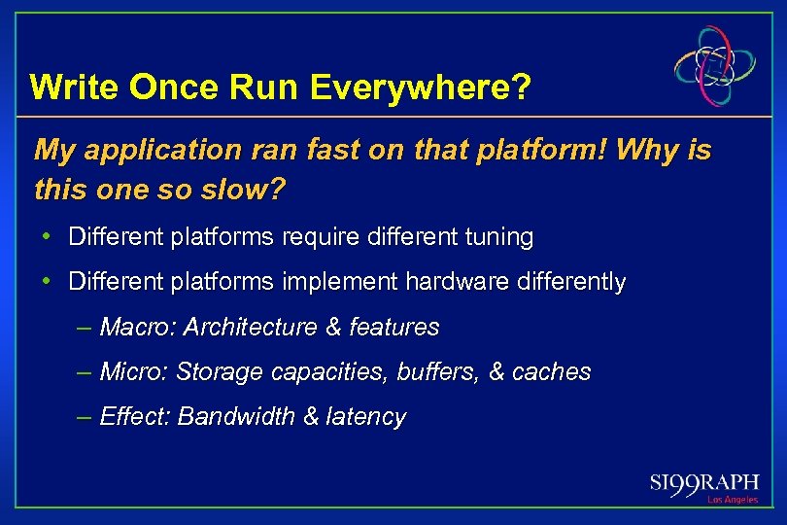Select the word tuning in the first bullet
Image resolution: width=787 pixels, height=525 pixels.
(x=498, y=237)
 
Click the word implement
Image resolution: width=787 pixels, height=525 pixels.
(x=338, y=283)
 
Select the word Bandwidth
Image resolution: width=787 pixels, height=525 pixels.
(x=237, y=417)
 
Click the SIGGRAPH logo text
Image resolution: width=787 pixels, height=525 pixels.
(x=703, y=483)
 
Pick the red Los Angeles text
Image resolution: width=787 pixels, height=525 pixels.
(x=732, y=500)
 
